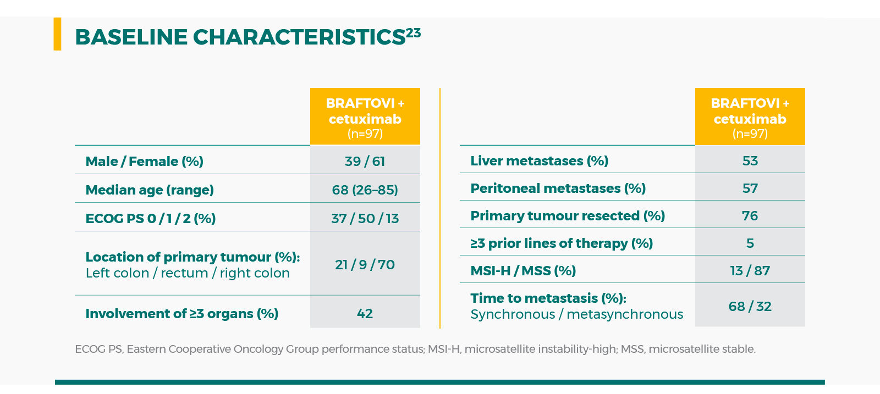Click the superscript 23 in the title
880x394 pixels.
[x=414, y=33]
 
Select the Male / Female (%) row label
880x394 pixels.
[x=144, y=162]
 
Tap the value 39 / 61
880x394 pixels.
[x=365, y=162]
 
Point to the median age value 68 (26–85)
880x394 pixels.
[x=365, y=190]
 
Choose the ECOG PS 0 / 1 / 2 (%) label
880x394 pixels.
[x=150, y=219]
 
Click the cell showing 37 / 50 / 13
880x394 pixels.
[x=365, y=219]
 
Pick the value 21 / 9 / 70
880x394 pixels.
[x=365, y=265]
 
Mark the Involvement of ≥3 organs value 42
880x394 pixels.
[x=365, y=314]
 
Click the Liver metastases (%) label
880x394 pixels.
[x=539, y=161]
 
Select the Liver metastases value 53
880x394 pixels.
[x=750, y=161]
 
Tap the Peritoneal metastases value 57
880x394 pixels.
[x=750, y=188]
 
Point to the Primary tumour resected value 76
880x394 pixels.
[x=750, y=216]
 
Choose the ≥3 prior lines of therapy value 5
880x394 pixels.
[x=750, y=243]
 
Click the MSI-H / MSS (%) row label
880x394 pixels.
[x=523, y=271]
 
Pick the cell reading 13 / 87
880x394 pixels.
[x=750, y=271]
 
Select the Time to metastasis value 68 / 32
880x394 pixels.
[x=750, y=307]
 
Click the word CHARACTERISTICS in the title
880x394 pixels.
[x=299, y=37]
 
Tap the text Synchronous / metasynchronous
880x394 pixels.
[x=576, y=314]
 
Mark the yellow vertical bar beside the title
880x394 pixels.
[x=57, y=34]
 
